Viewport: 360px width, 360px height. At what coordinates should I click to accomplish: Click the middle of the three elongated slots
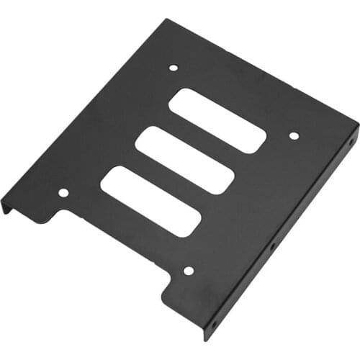(x=185, y=160)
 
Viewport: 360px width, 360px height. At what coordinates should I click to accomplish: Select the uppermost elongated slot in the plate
(x=218, y=120)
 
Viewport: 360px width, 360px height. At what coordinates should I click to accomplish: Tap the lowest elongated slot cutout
(x=150, y=202)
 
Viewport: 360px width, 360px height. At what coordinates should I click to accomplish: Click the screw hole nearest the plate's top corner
(x=173, y=68)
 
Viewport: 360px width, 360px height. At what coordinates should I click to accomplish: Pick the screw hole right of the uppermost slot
(x=294, y=135)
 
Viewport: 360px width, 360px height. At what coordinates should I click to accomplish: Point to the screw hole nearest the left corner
(x=63, y=193)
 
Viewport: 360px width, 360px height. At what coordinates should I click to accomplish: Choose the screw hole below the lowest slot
(x=189, y=271)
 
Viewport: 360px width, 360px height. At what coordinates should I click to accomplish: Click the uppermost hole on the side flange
(x=351, y=142)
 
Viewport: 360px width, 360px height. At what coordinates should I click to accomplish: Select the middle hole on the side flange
(x=273, y=247)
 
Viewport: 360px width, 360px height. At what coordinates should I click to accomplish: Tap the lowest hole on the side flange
(x=212, y=325)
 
